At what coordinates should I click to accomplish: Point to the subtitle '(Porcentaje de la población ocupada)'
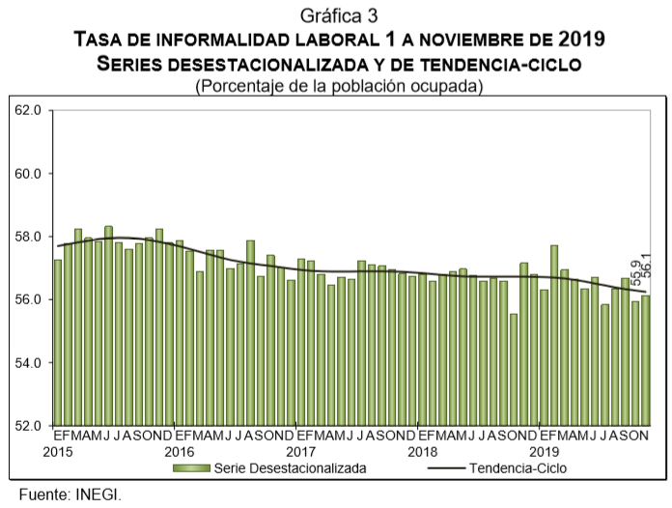pos(338,86)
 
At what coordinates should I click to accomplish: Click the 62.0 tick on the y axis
pos(28,111)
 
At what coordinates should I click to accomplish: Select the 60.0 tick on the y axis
pos(28,174)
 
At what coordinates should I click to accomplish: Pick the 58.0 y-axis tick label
pos(28,237)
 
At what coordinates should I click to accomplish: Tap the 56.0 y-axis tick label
pos(28,299)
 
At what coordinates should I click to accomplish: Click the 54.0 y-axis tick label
pos(28,362)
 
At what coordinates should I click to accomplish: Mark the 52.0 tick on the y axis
pos(28,426)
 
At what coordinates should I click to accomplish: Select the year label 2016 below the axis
pos(179,451)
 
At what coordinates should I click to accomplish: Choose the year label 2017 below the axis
pos(300,451)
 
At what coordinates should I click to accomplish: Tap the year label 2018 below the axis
pos(422,451)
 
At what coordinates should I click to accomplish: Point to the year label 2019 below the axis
pos(544,451)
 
